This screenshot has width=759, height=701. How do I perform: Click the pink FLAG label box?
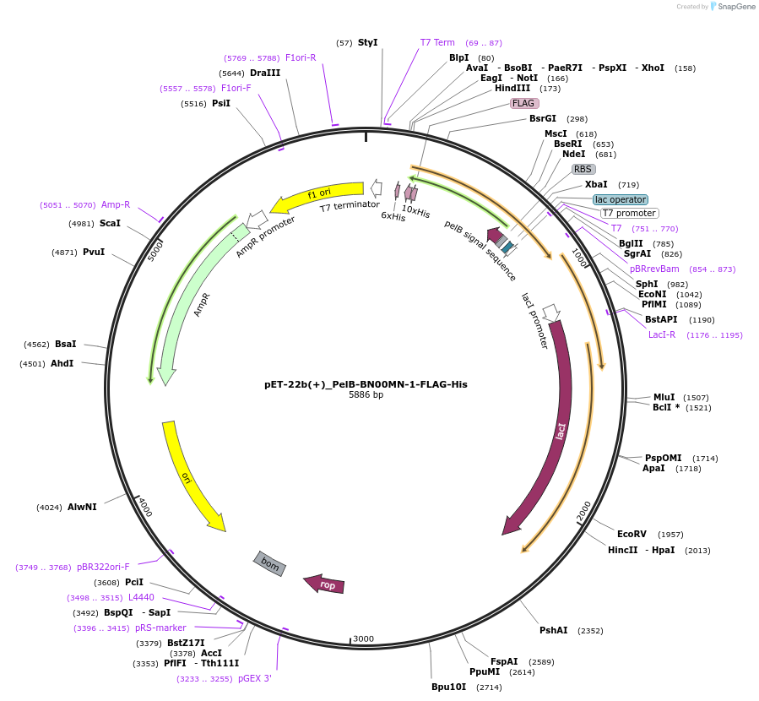pos(524,103)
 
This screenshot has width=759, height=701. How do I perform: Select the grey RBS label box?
pos(583,169)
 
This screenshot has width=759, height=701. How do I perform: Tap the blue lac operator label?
pos(620,199)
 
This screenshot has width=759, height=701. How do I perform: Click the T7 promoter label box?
pos(629,213)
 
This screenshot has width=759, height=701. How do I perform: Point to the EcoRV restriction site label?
pos(632,534)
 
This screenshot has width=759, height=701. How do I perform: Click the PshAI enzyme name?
pos(554,630)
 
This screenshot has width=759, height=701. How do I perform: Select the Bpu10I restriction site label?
pos(449,687)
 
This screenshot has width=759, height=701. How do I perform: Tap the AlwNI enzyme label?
pos(82,507)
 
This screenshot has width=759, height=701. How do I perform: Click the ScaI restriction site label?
pos(110,223)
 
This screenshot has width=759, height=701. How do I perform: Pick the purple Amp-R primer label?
pos(116,204)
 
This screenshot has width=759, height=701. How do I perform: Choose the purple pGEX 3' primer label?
pos(254,677)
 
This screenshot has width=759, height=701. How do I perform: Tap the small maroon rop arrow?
pos(325,584)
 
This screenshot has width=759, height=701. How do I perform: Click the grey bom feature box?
pos(269,562)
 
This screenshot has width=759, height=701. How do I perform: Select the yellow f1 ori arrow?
pos(317,198)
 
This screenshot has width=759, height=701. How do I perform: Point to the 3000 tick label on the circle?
pos(364,639)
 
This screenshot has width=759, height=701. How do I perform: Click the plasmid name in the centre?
pos(366,383)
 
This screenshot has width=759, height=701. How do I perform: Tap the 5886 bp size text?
pos(366,394)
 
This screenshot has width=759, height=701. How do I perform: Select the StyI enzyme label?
pos(367,42)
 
